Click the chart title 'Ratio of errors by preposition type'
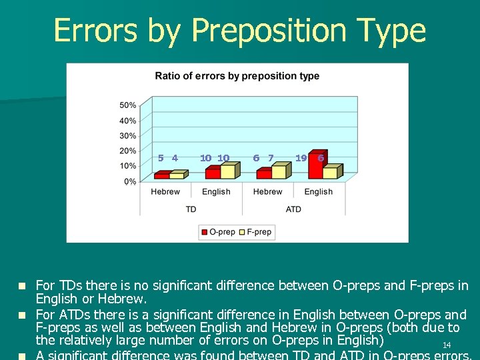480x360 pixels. point(237,76)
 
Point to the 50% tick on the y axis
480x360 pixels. point(128,105)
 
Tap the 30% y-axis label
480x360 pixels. point(128,136)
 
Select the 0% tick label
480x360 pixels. point(130,181)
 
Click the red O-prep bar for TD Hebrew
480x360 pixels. point(161,176)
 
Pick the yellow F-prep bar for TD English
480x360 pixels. point(227,172)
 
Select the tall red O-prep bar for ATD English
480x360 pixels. point(316,165)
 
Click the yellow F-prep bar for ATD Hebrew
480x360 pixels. point(278,172)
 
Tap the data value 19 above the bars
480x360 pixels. point(301,158)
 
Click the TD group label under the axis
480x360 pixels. point(191,209)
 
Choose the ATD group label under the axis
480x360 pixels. point(293,209)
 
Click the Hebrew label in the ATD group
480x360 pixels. point(267,192)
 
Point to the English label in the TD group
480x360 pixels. point(216,192)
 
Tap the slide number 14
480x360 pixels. point(447,345)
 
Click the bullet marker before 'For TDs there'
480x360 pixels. point(22,286)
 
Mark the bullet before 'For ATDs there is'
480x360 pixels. point(22,314)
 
